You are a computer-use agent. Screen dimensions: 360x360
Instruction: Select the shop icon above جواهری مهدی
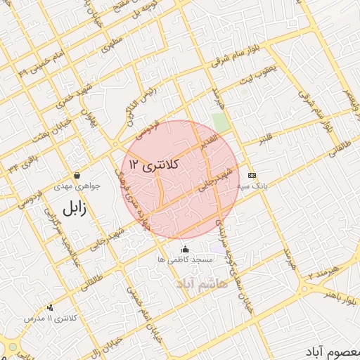(77, 175)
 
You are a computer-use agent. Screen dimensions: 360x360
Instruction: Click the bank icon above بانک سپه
(252, 175)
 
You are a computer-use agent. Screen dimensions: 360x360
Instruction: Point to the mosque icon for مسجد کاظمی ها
(186, 248)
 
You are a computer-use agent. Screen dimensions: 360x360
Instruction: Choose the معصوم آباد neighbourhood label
(333, 349)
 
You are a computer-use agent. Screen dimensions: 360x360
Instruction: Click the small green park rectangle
(221, 122)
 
